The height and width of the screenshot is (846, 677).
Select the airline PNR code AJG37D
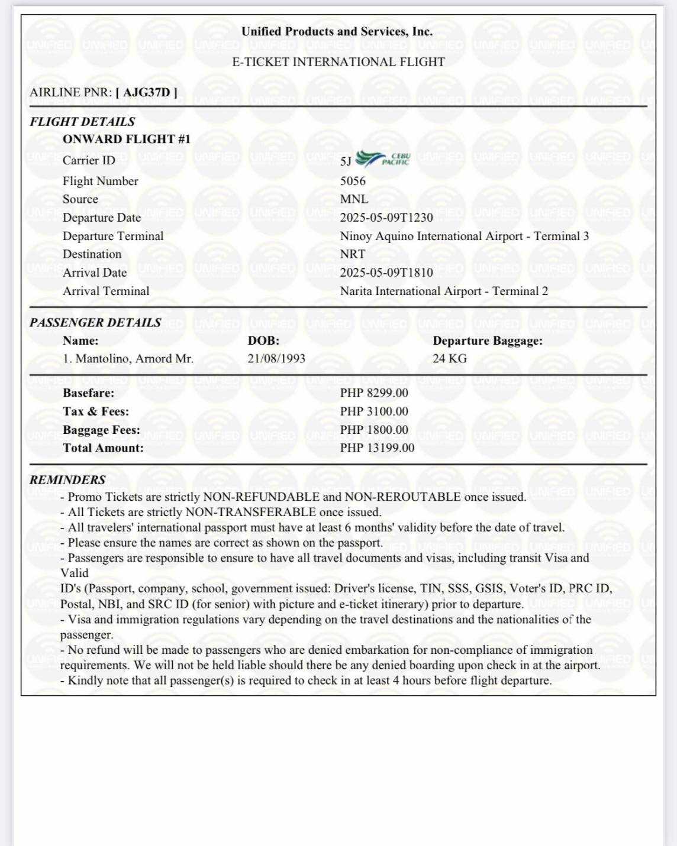coord(146,92)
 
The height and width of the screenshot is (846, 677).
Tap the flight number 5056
coord(353,181)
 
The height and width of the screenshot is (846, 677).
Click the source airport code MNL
coord(354,199)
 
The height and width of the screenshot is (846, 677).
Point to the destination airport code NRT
coord(353,254)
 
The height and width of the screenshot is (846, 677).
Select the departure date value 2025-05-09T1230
coord(386,218)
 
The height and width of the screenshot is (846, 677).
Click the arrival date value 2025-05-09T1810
coord(386,273)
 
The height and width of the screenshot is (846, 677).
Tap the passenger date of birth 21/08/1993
coord(276,358)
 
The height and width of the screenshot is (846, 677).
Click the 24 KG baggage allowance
coord(449,358)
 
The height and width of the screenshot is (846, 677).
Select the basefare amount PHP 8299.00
coord(374,393)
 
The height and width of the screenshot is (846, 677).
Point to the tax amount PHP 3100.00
coord(374,411)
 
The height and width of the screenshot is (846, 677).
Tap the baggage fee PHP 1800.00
coord(374,430)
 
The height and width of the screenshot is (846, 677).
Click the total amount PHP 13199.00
coord(377,448)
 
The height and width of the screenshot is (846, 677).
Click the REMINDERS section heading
coord(67,479)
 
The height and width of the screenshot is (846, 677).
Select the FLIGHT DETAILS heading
coord(82,122)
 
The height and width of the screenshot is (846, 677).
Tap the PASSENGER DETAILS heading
coord(95,323)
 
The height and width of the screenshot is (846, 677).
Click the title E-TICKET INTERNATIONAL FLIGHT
coord(338,61)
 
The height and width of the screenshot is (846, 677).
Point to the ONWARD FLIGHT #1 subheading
coord(127,140)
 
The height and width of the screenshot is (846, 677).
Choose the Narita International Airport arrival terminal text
coord(444,291)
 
